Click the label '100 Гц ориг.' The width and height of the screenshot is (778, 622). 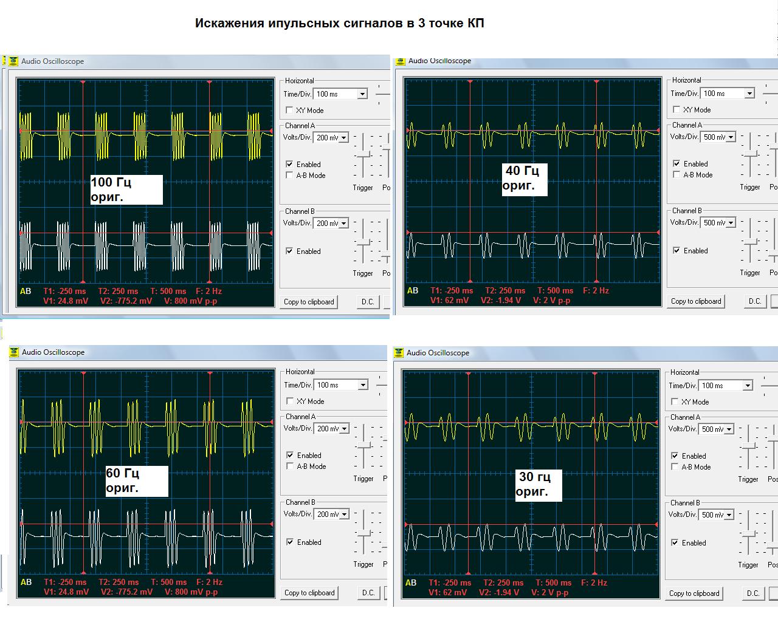point(126,190)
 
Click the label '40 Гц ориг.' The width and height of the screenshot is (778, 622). point(525,179)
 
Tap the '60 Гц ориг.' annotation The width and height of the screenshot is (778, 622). point(137,480)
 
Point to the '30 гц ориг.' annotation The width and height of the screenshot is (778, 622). point(539,484)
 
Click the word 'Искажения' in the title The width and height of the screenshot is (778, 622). point(230,24)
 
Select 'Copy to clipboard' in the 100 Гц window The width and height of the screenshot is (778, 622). point(309,302)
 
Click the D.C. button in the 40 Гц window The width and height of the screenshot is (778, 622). point(755,301)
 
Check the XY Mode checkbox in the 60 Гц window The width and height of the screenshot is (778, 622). point(290,401)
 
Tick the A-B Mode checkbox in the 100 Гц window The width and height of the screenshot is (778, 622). point(289,175)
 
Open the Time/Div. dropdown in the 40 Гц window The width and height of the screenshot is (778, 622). point(749,94)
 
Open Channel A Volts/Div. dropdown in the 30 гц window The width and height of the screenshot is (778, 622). point(729,429)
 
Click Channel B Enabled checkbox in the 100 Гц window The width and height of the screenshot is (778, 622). point(289,251)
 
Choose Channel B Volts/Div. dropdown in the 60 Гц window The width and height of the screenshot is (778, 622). point(343,514)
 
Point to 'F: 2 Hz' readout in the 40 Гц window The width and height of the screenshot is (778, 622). point(596,290)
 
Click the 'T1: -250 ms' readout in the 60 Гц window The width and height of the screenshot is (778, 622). point(65,582)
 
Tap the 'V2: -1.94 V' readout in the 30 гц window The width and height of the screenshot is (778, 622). point(499,592)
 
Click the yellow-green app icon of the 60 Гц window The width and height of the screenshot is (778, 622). point(14,352)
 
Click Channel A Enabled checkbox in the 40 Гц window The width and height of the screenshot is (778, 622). point(676,163)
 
